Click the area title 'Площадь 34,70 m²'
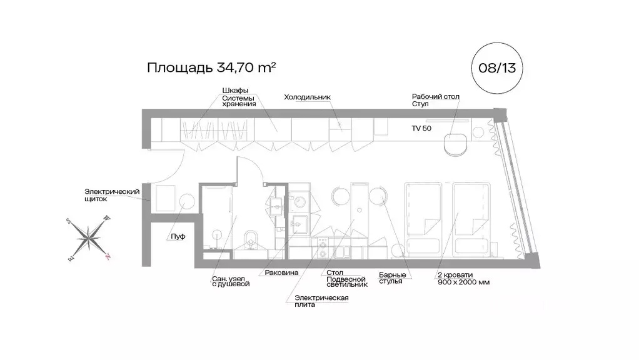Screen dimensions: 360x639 pyautogui.click(x=211, y=67)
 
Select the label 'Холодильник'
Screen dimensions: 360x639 pyautogui.click(x=306, y=97)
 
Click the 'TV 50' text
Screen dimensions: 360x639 pyautogui.click(x=422, y=127)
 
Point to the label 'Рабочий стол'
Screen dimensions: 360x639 pyautogui.click(x=435, y=96)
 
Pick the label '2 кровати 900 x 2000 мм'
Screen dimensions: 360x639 pyautogui.click(x=464, y=279)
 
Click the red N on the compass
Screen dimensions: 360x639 pyautogui.click(x=108, y=256)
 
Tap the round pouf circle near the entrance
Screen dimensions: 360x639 pyautogui.click(x=187, y=201)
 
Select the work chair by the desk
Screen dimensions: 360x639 pyautogui.click(x=455, y=143)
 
